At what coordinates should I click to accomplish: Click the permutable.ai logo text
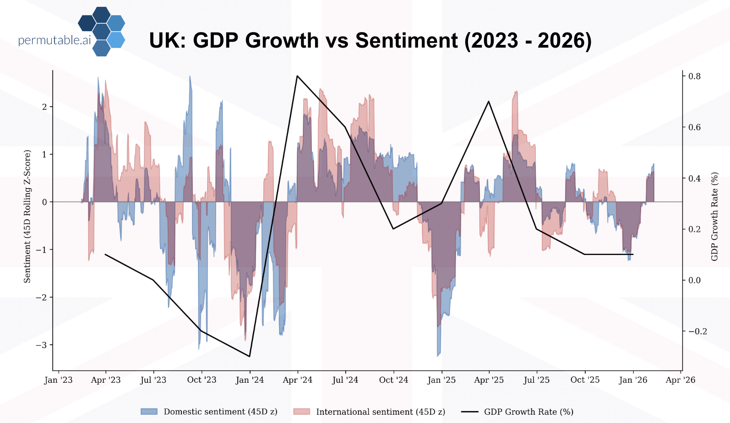(x=54, y=40)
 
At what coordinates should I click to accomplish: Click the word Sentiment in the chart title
(x=406, y=40)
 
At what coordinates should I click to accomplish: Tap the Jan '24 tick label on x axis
(x=250, y=380)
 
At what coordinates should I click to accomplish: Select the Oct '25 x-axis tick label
(x=585, y=380)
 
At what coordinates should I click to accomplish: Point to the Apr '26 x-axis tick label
(x=680, y=380)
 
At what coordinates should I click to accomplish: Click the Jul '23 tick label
(x=153, y=380)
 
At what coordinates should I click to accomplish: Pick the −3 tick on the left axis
(x=42, y=345)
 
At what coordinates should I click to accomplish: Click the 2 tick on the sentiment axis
(x=44, y=107)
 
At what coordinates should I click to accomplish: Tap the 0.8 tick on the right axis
(x=694, y=76)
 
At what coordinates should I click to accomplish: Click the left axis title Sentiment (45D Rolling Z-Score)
(x=27, y=216)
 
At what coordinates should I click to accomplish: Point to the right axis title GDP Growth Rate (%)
(x=714, y=216)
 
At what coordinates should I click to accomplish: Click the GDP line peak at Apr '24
(x=297, y=76)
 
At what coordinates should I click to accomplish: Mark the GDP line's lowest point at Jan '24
(x=250, y=356)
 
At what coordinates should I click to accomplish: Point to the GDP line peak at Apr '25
(x=489, y=102)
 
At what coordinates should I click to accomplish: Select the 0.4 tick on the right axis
(x=694, y=178)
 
